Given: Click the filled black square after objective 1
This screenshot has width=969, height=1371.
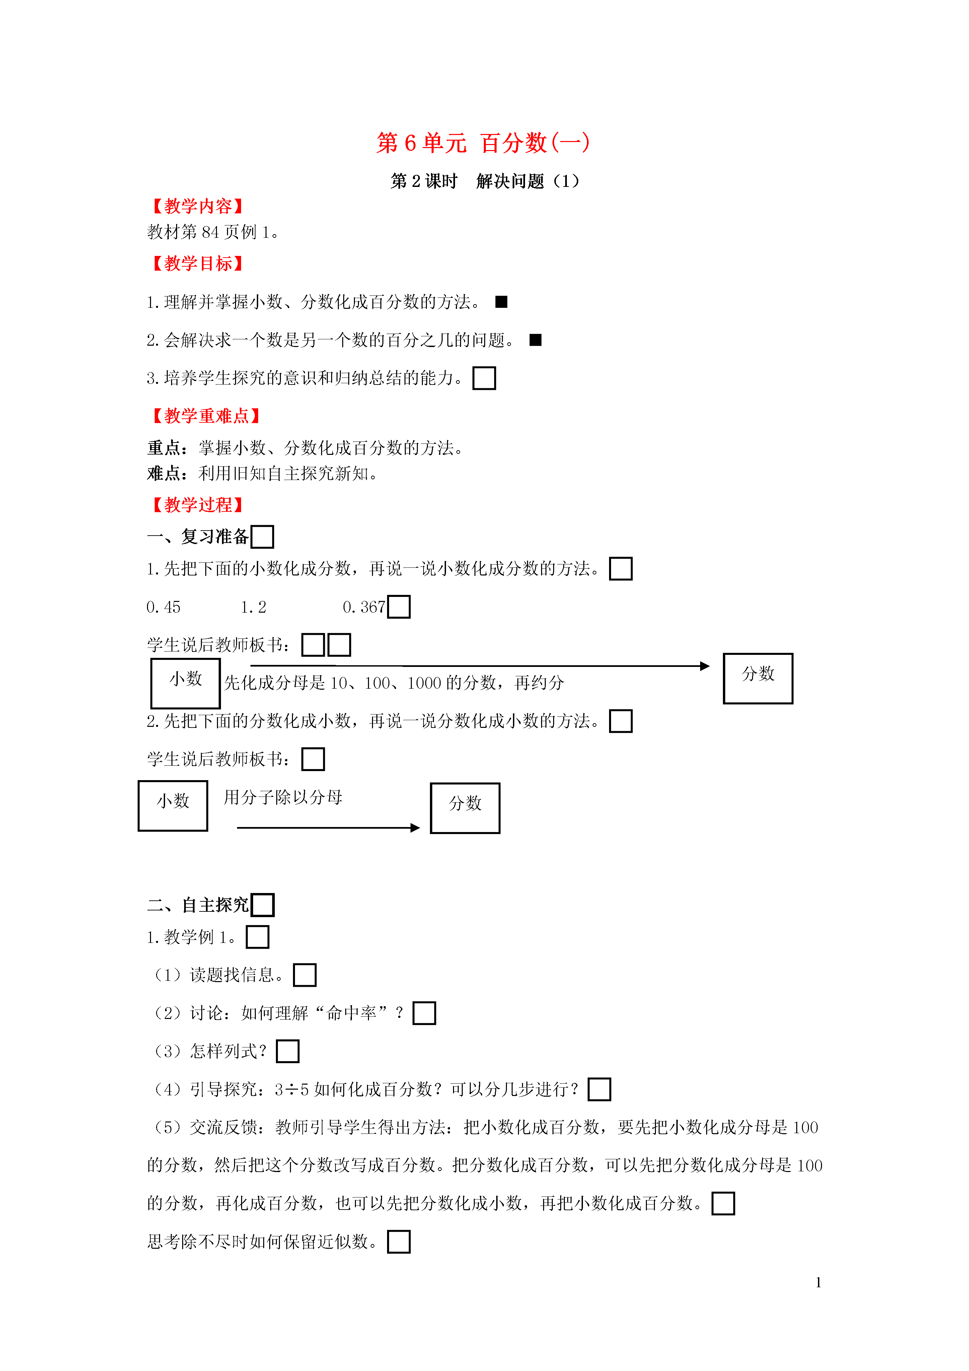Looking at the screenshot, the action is click(502, 302).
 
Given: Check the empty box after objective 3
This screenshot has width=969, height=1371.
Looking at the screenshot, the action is click(484, 378).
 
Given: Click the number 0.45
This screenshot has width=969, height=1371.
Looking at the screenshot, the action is click(164, 607).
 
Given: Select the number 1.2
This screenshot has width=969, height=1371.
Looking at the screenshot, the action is click(254, 607).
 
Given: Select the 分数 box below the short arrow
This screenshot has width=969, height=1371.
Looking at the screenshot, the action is click(465, 808).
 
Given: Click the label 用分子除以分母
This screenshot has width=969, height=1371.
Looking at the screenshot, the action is click(283, 797).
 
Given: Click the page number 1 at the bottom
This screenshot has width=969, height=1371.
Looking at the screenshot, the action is click(819, 1282).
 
